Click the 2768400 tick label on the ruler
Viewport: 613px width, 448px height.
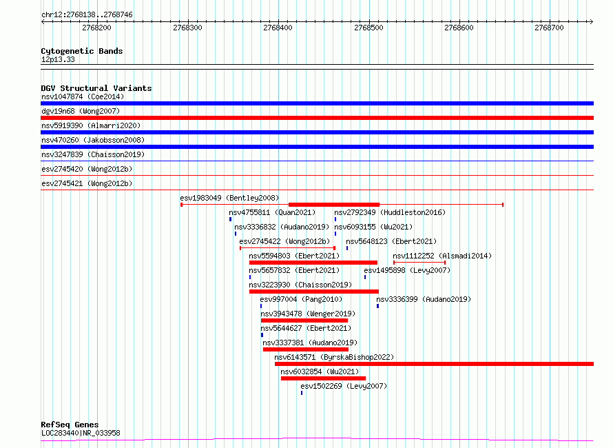pos(278,28)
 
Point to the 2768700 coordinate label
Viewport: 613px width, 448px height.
pos(549,28)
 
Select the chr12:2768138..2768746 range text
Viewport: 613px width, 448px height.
pos(87,15)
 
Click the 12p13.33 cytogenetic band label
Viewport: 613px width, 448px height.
pos(58,59)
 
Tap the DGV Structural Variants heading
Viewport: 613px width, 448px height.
pos(96,88)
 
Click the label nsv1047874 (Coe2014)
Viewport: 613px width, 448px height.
pos(83,96)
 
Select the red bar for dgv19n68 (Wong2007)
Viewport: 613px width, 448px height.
pos(317,118)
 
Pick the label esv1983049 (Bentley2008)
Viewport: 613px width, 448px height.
pos(229,198)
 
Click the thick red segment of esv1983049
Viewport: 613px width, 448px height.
pos(334,205)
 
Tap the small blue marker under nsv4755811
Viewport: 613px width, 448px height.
pos(230,219)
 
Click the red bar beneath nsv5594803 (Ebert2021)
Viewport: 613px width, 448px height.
pos(313,263)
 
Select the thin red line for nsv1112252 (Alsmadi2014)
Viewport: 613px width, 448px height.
pos(419,262)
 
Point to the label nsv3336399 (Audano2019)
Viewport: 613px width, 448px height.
pos(424,299)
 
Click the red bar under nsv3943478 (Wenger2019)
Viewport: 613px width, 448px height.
pos(304,320)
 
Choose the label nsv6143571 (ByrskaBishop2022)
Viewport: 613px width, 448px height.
pos(334,357)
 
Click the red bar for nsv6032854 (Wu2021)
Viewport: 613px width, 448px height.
pos(323,378)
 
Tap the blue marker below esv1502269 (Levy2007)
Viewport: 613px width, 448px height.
pos(302,393)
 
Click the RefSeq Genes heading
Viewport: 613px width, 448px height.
pos(70,425)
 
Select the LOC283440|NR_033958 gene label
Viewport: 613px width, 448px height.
pos(81,433)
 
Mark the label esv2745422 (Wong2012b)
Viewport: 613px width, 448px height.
pos(284,241)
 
